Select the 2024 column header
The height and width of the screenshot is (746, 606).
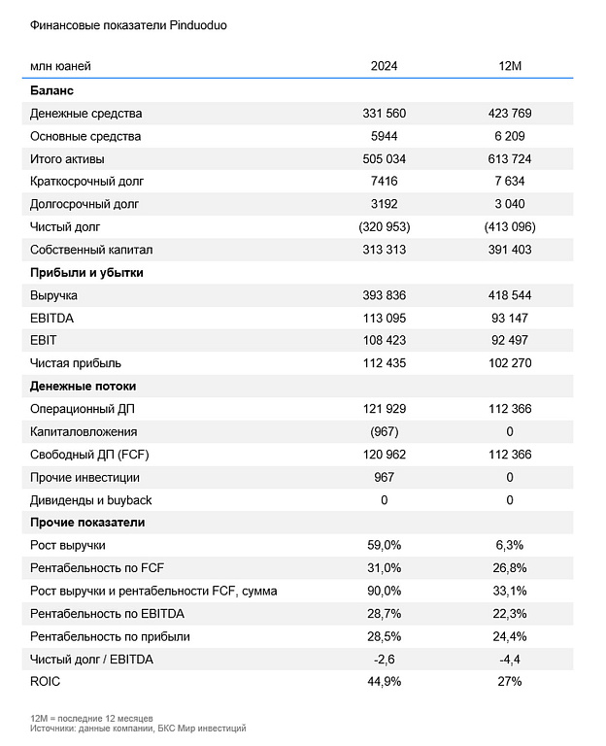[x=384, y=66]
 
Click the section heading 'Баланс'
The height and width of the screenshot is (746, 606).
[x=52, y=90]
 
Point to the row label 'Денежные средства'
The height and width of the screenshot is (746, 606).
[x=85, y=114]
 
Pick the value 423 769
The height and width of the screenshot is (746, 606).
[x=509, y=114]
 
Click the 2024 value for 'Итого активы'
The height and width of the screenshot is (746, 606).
[x=384, y=159]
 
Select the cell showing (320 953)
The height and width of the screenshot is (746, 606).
[x=384, y=227]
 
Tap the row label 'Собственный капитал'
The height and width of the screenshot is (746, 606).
[x=91, y=250]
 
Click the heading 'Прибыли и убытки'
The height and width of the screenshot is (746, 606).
[x=86, y=273]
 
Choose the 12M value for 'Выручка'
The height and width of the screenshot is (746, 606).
[x=509, y=295]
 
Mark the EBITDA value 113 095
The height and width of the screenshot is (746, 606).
[x=384, y=318]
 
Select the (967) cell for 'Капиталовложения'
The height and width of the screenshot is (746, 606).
[x=384, y=431]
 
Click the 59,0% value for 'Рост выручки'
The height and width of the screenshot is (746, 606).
[x=384, y=545]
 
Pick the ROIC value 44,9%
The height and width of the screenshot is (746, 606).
[x=384, y=681]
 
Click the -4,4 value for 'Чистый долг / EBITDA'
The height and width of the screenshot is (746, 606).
[x=509, y=659]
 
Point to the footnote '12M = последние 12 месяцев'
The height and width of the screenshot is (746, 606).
[x=91, y=718]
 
